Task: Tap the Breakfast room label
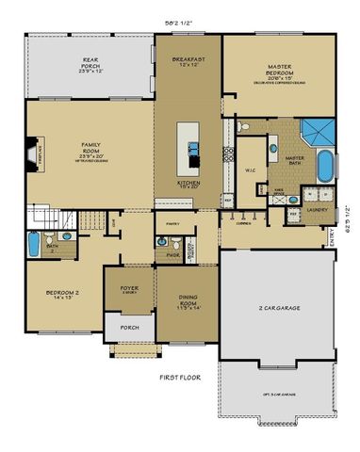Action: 188,61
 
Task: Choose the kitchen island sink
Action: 193,147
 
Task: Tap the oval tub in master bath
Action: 324,166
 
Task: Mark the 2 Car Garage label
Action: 278,308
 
